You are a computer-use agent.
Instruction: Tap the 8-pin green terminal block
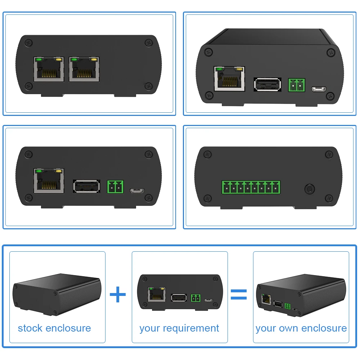(251, 188)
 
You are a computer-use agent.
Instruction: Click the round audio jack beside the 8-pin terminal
(309, 188)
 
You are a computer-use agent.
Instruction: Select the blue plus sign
(118, 295)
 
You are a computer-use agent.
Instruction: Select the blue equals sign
(239, 294)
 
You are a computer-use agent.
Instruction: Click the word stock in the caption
(31, 328)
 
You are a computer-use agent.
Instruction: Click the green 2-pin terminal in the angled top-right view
(296, 85)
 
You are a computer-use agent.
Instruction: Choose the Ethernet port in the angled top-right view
(229, 78)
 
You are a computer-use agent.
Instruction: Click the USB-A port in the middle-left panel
(87, 186)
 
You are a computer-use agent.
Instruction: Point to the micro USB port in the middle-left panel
(137, 190)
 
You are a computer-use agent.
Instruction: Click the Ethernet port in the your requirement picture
(157, 294)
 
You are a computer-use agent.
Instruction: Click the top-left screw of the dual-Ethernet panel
(28, 43)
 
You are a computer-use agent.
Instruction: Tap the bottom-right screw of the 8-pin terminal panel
(328, 198)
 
